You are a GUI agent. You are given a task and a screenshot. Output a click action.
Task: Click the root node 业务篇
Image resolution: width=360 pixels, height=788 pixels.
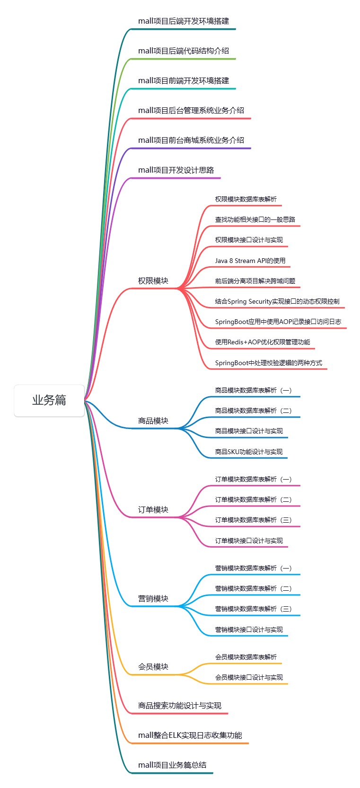click(x=49, y=400)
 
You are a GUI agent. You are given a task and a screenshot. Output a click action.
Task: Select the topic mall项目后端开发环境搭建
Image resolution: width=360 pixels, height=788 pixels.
click(x=184, y=21)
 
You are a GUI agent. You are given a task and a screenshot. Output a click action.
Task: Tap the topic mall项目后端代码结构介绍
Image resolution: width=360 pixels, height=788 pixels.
click(x=184, y=51)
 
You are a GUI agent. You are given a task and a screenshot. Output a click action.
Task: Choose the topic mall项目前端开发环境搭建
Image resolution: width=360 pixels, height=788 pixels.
click(x=184, y=81)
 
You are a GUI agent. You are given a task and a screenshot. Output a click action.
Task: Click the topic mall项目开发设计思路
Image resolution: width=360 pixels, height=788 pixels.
click(x=176, y=170)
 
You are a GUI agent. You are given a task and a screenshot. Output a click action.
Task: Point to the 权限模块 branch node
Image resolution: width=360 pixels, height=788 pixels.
click(x=153, y=281)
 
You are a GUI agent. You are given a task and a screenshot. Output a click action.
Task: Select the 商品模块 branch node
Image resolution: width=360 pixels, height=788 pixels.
click(x=153, y=421)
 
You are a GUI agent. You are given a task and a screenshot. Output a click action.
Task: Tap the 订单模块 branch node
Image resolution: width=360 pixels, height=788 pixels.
click(x=153, y=510)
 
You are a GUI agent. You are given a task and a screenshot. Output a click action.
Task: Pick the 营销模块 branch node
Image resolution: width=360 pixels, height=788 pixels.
click(x=153, y=599)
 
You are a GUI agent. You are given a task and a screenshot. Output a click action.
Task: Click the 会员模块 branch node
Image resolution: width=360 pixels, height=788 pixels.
click(x=153, y=667)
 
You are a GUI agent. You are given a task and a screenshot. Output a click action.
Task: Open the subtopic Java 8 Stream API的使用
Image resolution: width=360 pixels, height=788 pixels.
click(x=250, y=261)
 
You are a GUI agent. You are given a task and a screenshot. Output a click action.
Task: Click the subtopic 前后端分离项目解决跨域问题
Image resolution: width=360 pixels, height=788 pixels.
click(x=255, y=281)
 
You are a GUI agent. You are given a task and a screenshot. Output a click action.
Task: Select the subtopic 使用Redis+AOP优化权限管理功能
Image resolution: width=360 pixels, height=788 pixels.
click(x=263, y=342)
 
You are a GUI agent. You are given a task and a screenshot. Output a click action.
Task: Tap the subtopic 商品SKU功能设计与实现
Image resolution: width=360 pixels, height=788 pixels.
click(x=249, y=452)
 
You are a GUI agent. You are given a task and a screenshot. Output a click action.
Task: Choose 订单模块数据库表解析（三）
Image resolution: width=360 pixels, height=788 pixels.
click(x=253, y=520)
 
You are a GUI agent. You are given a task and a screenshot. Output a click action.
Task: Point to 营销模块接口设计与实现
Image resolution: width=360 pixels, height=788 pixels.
click(x=249, y=630)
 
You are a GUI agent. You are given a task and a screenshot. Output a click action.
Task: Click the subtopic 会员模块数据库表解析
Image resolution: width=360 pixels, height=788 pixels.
click(x=246, y=657)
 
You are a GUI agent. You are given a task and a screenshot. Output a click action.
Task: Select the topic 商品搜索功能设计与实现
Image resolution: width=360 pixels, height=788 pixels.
click(x=180, y=706)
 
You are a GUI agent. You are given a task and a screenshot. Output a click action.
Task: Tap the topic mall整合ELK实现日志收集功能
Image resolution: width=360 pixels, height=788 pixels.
click(x=190, y=735)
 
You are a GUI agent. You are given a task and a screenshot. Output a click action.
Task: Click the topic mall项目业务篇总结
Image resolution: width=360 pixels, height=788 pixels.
click(x=172, y=765)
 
